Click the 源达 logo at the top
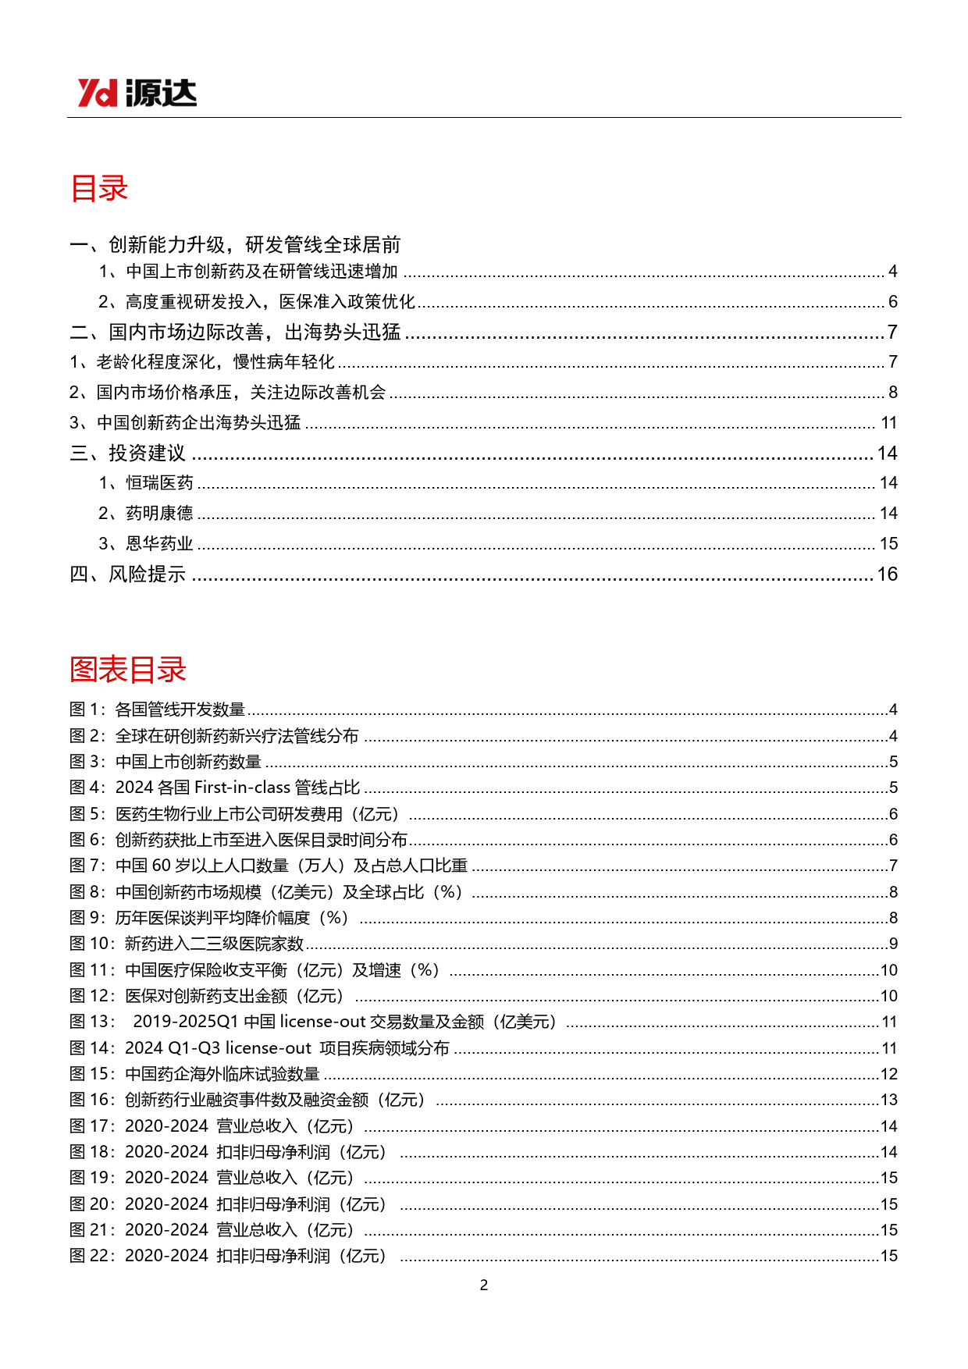coord(137,93)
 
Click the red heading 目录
coord(98,189)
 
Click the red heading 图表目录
coord(128,670)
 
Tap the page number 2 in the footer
coord(484,1285)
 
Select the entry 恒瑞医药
coord(159,483)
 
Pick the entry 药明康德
coord(159,514)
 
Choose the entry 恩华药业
coord(159,544)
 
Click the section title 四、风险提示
coord(128,574)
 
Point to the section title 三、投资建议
coord(128,453)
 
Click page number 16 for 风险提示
coord(887,574)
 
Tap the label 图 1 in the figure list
coord(86,709)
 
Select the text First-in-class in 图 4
coord(242,788)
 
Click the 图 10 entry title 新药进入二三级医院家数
coord(214,944)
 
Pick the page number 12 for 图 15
coord(888,1074)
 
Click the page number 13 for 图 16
coord(888,1100)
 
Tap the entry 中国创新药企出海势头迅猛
coord(198,423)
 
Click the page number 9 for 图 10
coord(893,944)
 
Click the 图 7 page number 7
coord(893,866)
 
